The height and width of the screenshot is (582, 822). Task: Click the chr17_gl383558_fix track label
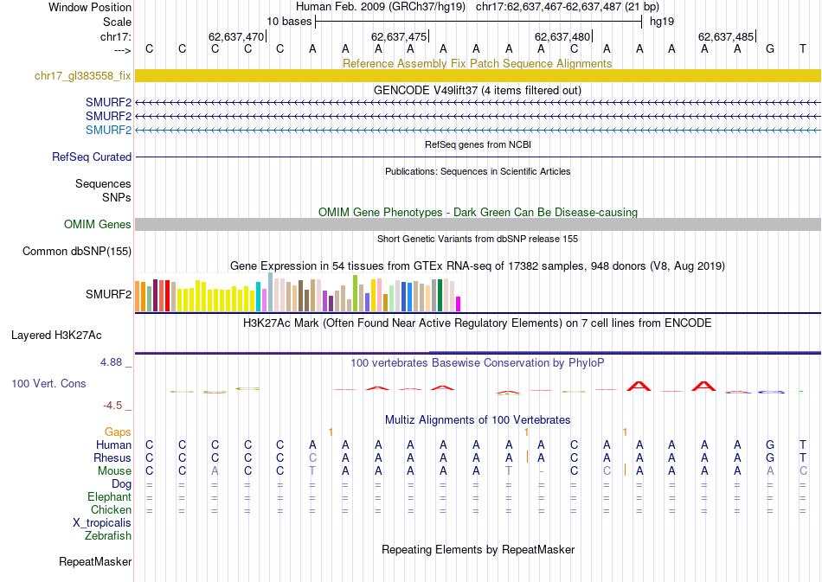point(83,76)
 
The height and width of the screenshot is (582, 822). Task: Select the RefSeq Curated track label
point(92,157)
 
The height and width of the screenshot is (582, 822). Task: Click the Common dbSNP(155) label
point(77,252)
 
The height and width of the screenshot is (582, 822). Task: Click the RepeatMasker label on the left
point(95,562)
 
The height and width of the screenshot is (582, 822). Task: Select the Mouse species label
point(114,471)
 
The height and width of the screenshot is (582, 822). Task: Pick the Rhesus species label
point(112,457)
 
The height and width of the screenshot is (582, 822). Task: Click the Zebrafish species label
point(108,536)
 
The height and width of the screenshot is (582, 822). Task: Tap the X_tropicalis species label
point(102,523)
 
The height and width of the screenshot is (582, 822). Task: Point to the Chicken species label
point(111,510)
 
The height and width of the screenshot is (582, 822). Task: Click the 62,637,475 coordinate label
point(399,37)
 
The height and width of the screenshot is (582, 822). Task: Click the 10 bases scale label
point(289,21)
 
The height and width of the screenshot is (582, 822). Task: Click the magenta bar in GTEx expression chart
point(459,304)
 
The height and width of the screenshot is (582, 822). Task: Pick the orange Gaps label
point(118,432)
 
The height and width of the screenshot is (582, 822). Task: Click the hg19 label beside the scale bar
point(663,21)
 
